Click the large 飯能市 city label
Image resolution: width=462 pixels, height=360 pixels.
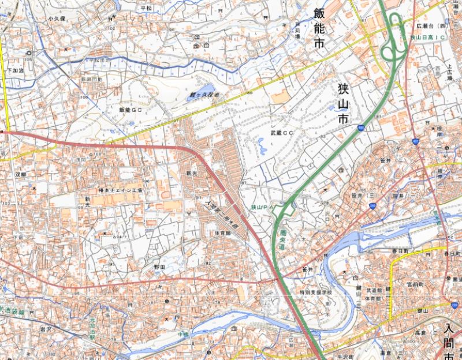pyautogui.click(x=319, y=28)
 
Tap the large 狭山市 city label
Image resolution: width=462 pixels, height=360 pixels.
pyautogui.click(x=343, y=104)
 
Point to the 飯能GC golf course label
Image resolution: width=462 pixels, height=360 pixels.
pyautogui.click(x=130, y=109)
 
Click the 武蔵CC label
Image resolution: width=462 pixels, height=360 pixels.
pyautogui.click(x=282, y=133)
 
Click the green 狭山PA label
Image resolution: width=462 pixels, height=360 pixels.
pyautogui.click(x=261, y=206)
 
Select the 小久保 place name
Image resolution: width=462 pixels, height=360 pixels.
pyautogui.click(x=57, y=18)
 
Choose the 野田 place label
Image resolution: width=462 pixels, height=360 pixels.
pyautogui.click(x=159, y=268)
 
